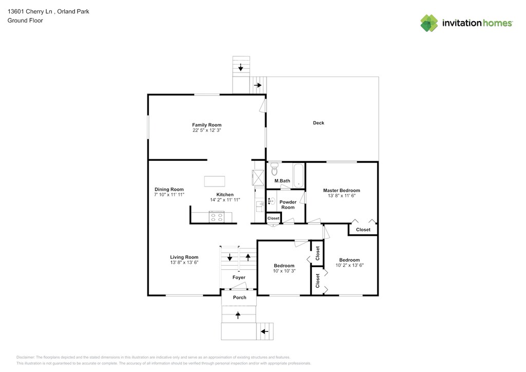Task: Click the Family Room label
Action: (x=206, y=125)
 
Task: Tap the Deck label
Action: (x=318, y=123)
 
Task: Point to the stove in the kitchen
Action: (x=216, y=217)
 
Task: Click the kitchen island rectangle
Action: (x=215, y=181)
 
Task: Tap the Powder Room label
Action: (x=288, y=204)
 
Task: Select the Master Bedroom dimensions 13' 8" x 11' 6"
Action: (x=342, y=196)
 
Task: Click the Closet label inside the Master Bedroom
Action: (x=363, y=230)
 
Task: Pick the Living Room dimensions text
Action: (x=184, y=263)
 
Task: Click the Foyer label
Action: (x=239, y=277)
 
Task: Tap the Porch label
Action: (x=239, y=297)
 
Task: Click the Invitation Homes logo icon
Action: (x=429, y=23)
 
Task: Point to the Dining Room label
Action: (x=169, y=190)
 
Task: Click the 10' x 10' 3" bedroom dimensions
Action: (x=284, y=271)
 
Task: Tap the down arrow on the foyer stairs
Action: (x=230, y=258)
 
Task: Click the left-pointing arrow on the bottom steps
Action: (x=265, y=331)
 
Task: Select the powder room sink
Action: (x=271, y=201)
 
